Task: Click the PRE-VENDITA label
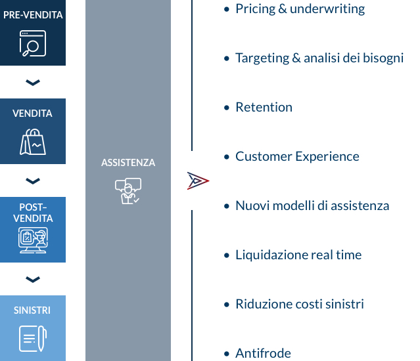click(x=33, y=15)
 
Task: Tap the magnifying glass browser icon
click(x=33, y=43)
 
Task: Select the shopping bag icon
click(x=33, y=142)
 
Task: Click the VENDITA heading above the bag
click(x=32, y=114)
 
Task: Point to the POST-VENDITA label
click(x=33, y=213)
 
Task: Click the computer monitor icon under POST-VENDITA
click(x=33, y=240)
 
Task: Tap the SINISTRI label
click(x=32, y=310)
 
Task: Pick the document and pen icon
click(x=33, y=339)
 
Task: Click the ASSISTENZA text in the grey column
click(x=128, y=163)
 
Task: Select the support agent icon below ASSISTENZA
click(x=128, y=191)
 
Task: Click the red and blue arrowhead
click(x=198, y=181)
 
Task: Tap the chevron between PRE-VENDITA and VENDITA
click(x=33, y=82)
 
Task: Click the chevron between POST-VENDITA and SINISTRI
click(x=33, y=280)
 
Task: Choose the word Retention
click(x=264, y=107)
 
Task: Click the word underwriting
click(x=327, y=9)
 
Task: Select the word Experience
click(x=327, y=157)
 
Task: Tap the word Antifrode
click(x=263, y=353)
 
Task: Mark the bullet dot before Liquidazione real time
click(x=227, y=255)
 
